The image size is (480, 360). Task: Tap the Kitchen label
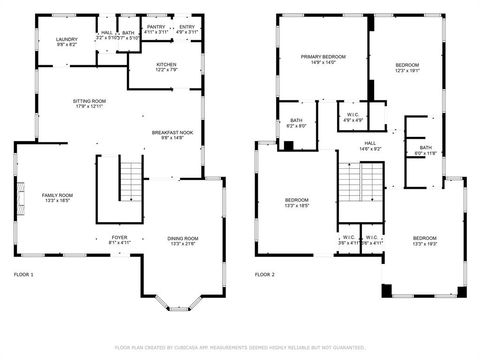(166, 67)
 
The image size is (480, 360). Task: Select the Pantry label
(155, 29)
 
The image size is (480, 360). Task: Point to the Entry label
(187, 29)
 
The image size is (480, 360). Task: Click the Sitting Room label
(88, 103)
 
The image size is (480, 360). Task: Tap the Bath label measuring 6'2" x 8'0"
(297, 123)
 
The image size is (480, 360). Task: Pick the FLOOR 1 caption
(23, 274)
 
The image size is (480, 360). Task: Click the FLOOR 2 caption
(264, 274)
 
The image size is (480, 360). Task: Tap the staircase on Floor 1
(131, 180)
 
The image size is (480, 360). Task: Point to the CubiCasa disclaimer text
(239, 347)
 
